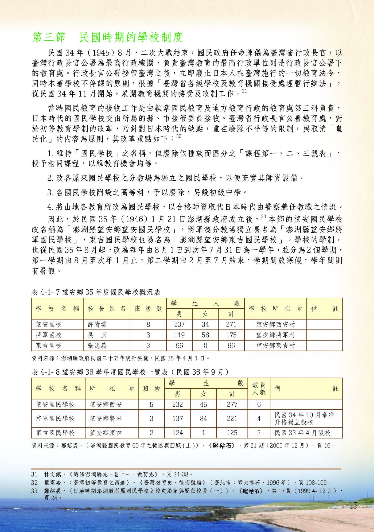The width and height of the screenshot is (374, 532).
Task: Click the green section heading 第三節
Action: [49, 38]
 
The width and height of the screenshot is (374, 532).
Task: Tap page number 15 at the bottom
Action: [353, 506]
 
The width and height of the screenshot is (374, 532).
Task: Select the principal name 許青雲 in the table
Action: [97, 324]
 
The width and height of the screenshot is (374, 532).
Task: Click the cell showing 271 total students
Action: [231, 324]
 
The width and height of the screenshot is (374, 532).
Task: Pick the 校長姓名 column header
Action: [107, 309]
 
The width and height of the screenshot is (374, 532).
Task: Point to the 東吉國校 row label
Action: [49, 345]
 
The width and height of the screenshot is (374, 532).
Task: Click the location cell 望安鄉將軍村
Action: [275, 335]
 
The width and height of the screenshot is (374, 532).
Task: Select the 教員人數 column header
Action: [259, 389]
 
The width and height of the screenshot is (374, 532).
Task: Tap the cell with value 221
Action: [232, 418]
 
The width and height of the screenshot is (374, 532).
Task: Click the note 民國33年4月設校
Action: [302, 433]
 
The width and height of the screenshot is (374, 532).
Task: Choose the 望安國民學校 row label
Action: [55, 405]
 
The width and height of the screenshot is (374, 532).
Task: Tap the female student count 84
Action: [204, 418]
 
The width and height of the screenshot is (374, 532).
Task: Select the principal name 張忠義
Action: [97, 345]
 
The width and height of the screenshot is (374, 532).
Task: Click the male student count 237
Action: [179, 324]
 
